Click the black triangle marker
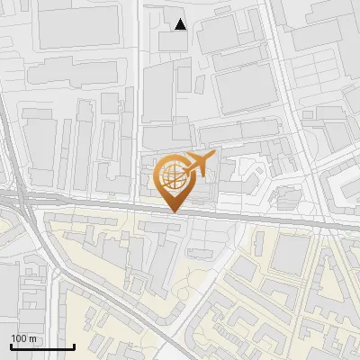tap(181, 24)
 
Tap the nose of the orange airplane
tap(214, 157)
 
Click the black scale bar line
tap(42, 347)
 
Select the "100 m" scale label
tap(24, 338)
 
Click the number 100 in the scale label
tap(20, 338)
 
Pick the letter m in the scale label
tap(33, 338)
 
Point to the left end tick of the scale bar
tap(11, 346)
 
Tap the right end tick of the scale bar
tap(74, 346)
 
